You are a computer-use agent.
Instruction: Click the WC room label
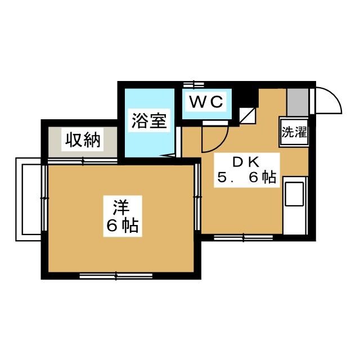point(206,102)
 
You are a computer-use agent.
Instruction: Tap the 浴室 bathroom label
point(149,121)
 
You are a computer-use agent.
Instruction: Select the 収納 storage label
point(83,140)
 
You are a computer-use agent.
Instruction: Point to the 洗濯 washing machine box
point(294,132)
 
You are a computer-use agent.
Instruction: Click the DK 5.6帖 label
point(247,170)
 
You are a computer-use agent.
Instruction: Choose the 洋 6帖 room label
point(123,216)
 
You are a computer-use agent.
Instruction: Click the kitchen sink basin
point(294,193)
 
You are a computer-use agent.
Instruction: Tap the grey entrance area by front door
point(298,102)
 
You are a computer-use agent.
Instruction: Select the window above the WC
point(193,84)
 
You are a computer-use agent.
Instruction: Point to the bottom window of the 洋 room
point(116,276)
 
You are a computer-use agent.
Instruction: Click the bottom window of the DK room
point(244,237)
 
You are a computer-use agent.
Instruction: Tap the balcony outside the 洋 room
point(28,199)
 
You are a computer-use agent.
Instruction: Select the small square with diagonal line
point(247,116)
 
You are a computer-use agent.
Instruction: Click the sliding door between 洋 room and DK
point(197,197)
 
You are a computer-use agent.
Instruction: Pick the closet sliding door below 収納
point(83,161)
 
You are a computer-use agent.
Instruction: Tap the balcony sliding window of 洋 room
point(44,198)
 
